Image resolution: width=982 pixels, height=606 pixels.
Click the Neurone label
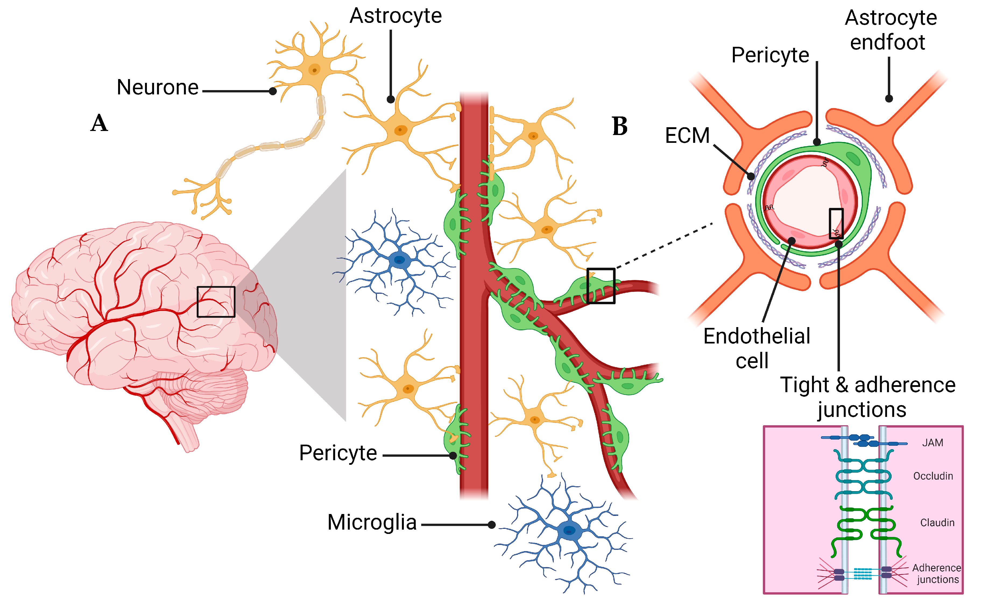pyautogui.click(x=157, y=87)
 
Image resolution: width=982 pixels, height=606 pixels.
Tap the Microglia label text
pyautogui.click(x=372, y=523)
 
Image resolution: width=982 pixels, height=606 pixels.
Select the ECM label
pyautogui.click(x=687, y=136)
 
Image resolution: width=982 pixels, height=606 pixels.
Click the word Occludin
pyautogui.click(x=933, y=476)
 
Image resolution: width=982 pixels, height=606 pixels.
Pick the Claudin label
pyautogui.click(x=937, y=523)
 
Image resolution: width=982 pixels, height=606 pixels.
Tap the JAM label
pyautogui.click(x=932, y=443)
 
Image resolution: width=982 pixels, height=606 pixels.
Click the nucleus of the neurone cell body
pyautogui.click(x=315, y=70)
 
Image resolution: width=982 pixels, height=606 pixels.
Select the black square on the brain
pyautogui.click(x=216, y=302)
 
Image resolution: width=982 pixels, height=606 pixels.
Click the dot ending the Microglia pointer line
pyautogui.click(x=492, y=525)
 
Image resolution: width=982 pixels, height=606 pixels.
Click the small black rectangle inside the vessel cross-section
pyautogui.click(x=836, y=223)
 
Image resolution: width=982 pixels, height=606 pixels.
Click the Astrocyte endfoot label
pyautogui.click(x=891, y=30)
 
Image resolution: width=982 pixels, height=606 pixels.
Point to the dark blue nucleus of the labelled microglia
pyautogui.click(x=569, y=531)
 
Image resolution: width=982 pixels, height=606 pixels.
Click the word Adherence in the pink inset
pyautogui.click(x=936, y=568)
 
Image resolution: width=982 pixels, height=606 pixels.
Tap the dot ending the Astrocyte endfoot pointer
pyautogui.click(x=889, y=99)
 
